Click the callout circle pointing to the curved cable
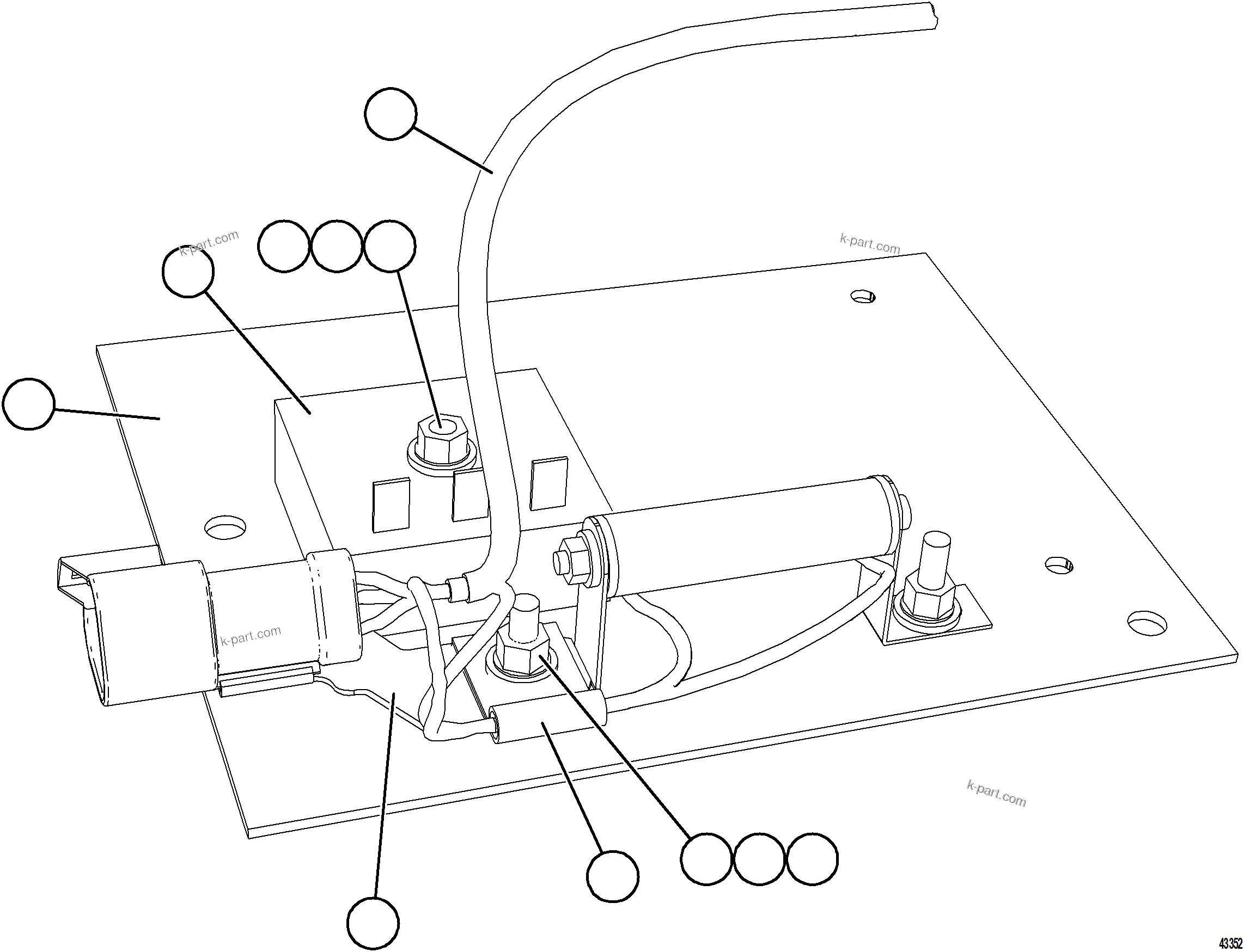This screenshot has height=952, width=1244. [391, 113]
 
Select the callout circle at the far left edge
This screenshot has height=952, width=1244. [28, 404]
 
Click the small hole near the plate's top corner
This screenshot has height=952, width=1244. [862, 296]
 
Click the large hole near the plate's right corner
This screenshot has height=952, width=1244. [1147, 622]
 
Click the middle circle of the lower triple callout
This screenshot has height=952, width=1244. [759, 858]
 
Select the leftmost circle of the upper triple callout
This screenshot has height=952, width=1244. [284, 247]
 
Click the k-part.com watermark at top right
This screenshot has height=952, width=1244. [869, 244]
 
